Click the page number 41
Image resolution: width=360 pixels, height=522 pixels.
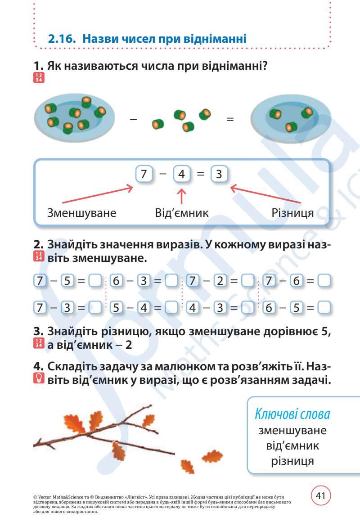click(x=321, y=496)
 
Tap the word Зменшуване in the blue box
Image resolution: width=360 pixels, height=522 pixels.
click(x=82, y=212)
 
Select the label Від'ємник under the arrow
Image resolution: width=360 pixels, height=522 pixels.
click(x=182, y=212)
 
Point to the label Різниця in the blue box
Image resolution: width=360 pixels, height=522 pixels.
click(x=292, y=212)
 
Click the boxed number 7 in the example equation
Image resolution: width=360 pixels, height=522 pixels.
click(x=144, y=174)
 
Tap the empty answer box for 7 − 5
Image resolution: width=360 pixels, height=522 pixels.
click(x=94, y=281)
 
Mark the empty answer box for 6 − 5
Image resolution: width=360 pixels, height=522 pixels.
click(x=324, y=308)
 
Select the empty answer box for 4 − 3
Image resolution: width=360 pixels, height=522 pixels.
click(x=248, y=308)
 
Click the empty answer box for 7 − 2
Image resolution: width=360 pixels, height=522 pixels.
click(x=248, y=281)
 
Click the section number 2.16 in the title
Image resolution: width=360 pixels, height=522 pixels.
click(x=62, y=39)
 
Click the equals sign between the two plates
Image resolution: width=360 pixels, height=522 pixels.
click(x=230, y=120)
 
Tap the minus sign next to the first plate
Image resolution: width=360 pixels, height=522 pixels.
click(x=133, y=119)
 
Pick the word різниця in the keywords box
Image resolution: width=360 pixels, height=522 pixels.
click(x=292, y=461)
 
